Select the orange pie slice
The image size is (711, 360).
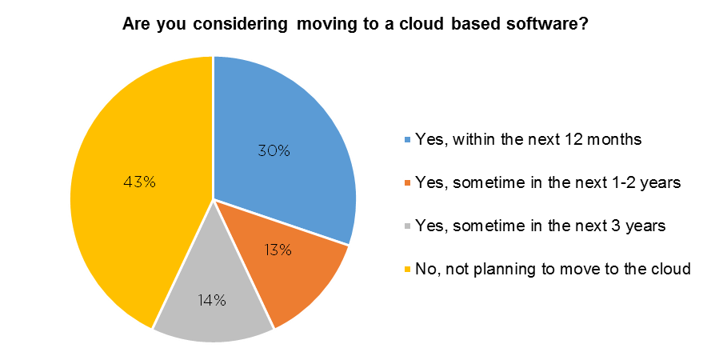pos(290,267)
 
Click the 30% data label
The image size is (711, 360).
pos(274,150)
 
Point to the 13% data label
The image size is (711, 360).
pos(278,250)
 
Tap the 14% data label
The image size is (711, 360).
pos(212,300)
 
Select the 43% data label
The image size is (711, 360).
pos(140,182)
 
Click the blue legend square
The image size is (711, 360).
pos(407,139)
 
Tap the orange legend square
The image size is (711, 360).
pos(407,182)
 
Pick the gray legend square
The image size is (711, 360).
pos(407,226)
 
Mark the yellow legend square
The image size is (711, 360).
pos(407,270)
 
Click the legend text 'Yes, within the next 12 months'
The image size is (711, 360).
pos(529,138)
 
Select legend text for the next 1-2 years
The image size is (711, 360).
pos(548,182)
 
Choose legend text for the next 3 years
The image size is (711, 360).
pos(540,226)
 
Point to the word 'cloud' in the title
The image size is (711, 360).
pos(421,23)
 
